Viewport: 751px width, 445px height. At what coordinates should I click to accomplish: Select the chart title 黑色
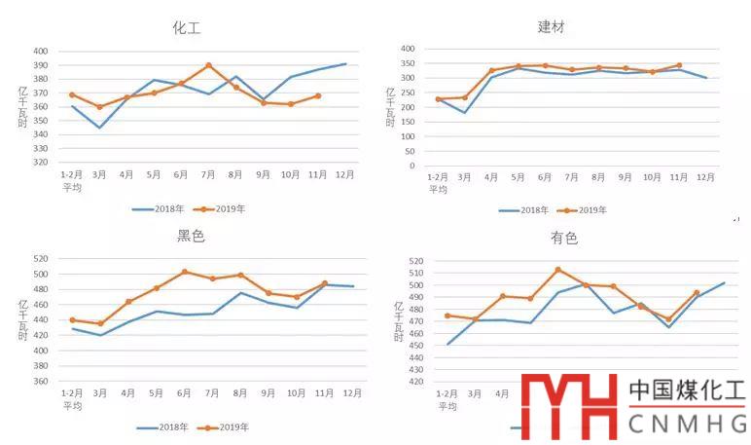(191, 237)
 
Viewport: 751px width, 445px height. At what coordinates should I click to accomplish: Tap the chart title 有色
(563, 238)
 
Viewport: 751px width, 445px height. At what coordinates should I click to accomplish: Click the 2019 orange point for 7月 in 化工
(208, 66)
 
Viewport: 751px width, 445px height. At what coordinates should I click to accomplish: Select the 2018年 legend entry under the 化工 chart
(157, 208)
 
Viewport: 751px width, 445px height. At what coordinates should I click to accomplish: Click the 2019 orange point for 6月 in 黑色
(185, 273)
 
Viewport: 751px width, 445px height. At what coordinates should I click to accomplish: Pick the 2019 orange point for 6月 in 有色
(557, 270)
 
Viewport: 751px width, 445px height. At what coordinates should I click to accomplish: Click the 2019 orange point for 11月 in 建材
(679, 65)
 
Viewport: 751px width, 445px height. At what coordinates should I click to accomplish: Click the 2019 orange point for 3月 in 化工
(99, 107)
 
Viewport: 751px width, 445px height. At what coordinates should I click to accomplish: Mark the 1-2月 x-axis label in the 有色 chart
(447, 395)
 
